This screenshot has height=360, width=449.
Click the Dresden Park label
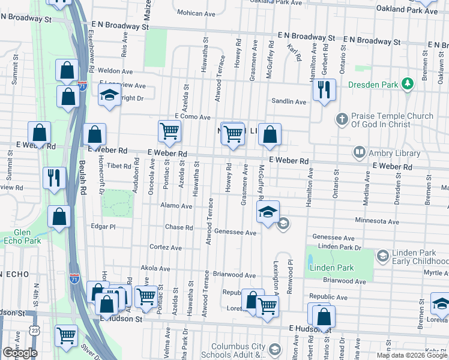pyautogui.click(x=373, y=85)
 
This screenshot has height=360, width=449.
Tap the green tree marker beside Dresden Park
pyautogui.click(x=408, y=83)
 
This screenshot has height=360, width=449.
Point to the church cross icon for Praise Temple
pyautogui.click(x=342, y=119)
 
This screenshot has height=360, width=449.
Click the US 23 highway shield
pyautogui.click(x=35, y=331)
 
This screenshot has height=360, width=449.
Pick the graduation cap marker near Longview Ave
pyautogui.click(x=109, y=96)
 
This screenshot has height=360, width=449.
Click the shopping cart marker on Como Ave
pyautogui.click(x=170, y=131)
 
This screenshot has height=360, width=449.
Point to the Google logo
pyautogui.click(x=20, y=353)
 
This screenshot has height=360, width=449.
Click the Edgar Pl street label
pyautogui.click(x=103, y=227)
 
